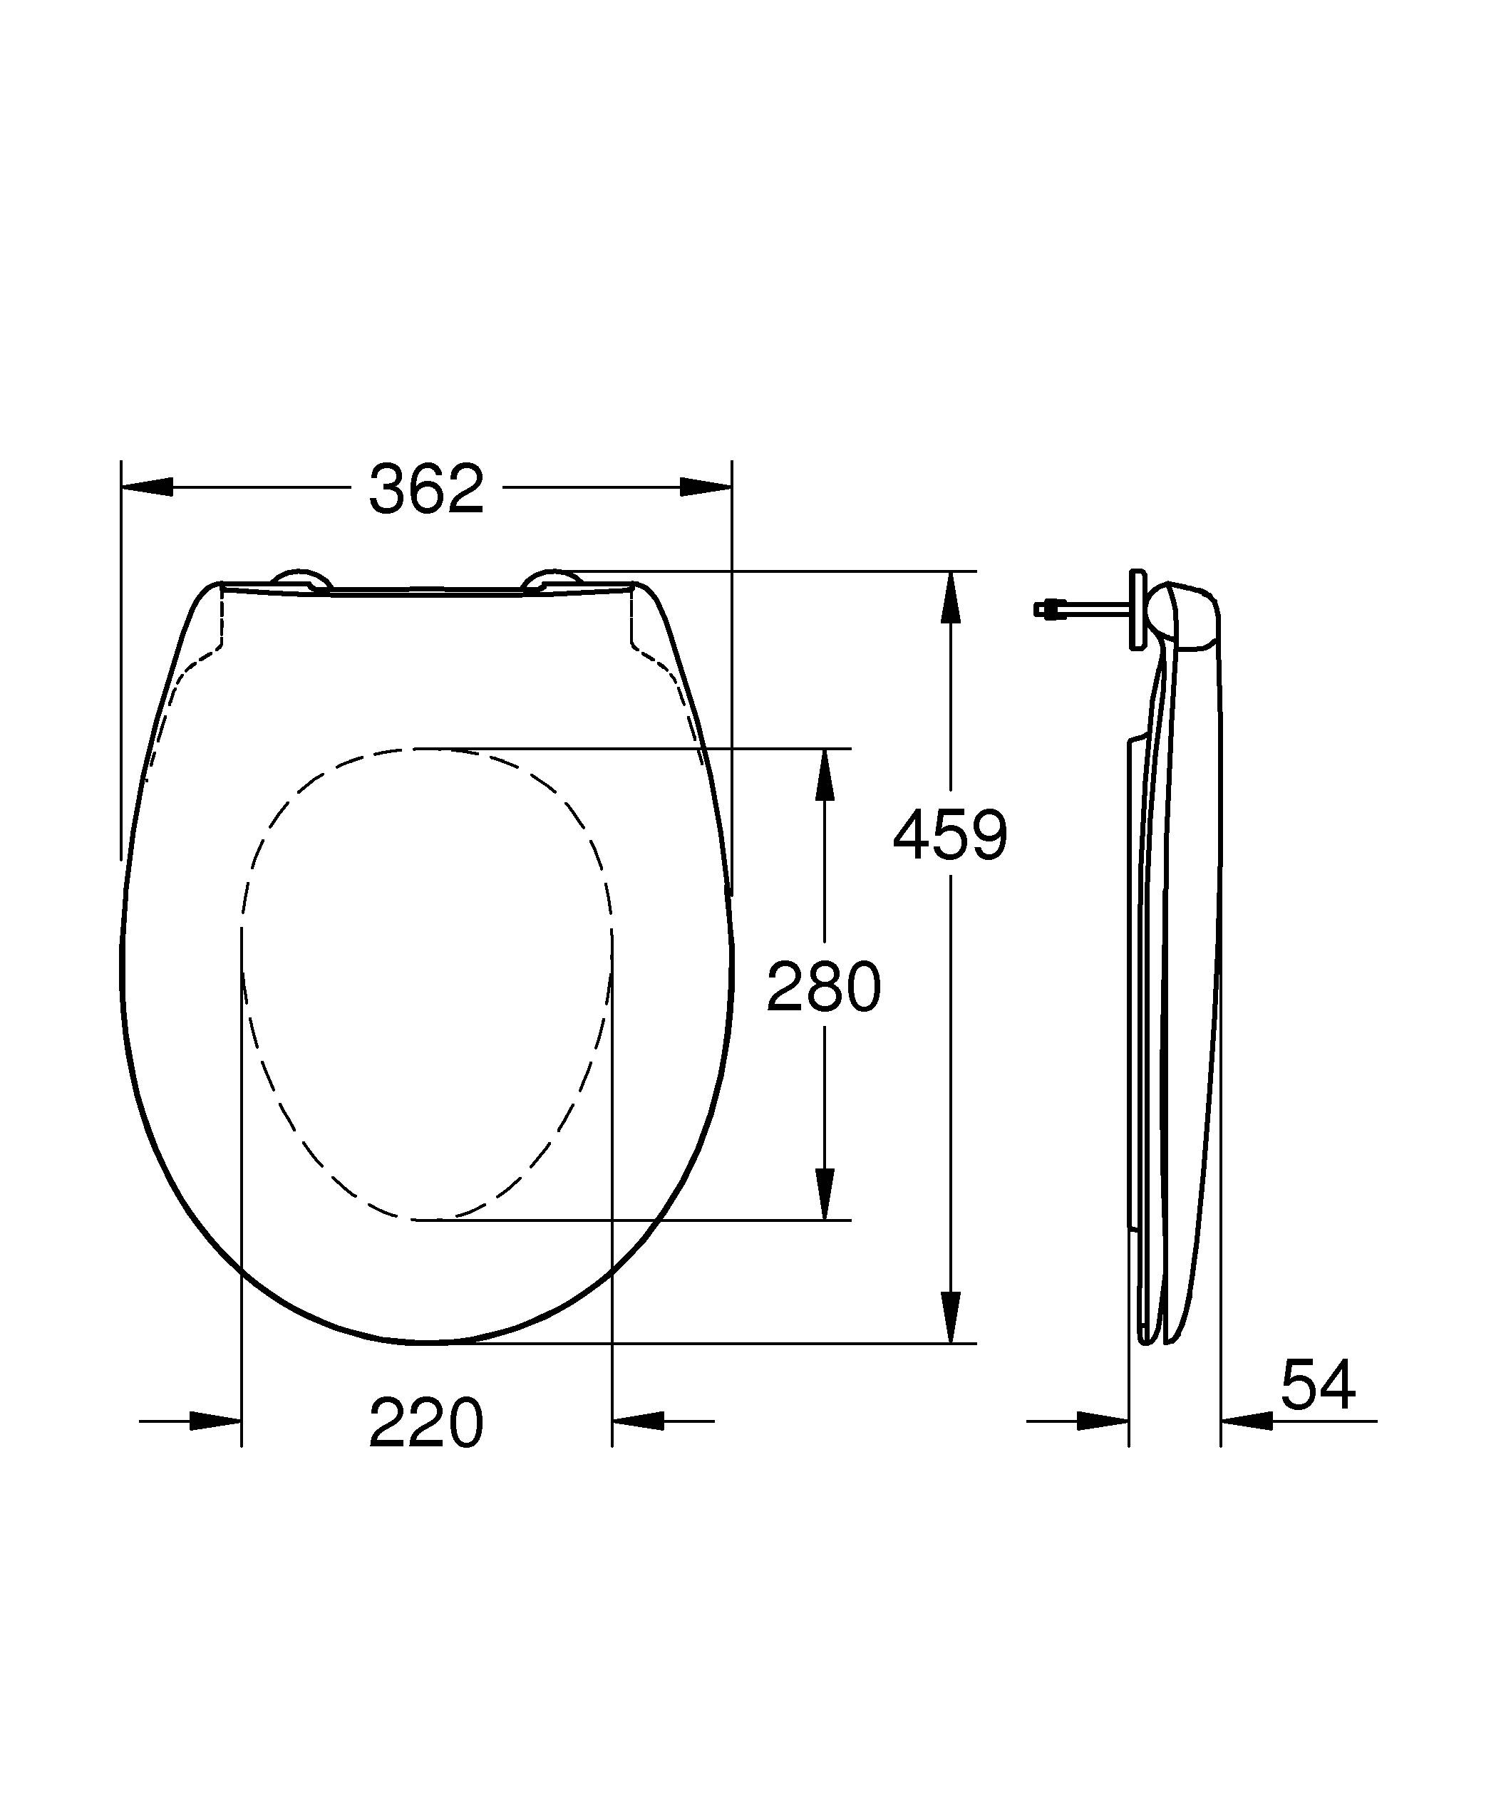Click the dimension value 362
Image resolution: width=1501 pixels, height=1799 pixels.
425,489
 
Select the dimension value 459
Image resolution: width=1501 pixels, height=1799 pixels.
950,835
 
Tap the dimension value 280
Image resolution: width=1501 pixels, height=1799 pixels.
823,987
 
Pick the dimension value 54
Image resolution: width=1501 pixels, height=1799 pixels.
1318,1385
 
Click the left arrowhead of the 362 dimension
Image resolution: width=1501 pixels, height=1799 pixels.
148,487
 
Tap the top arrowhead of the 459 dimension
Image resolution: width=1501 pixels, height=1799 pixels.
950,596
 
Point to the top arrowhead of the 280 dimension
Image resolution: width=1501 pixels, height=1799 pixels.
824,774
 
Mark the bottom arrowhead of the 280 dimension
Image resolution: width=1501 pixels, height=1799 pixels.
824,1193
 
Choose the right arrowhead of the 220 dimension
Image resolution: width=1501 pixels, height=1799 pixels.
639,1421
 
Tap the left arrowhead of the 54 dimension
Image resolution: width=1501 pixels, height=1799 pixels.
1103,1421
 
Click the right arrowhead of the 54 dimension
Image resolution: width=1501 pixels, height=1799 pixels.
1247,1421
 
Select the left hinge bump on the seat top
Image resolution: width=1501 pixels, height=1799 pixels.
300,579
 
